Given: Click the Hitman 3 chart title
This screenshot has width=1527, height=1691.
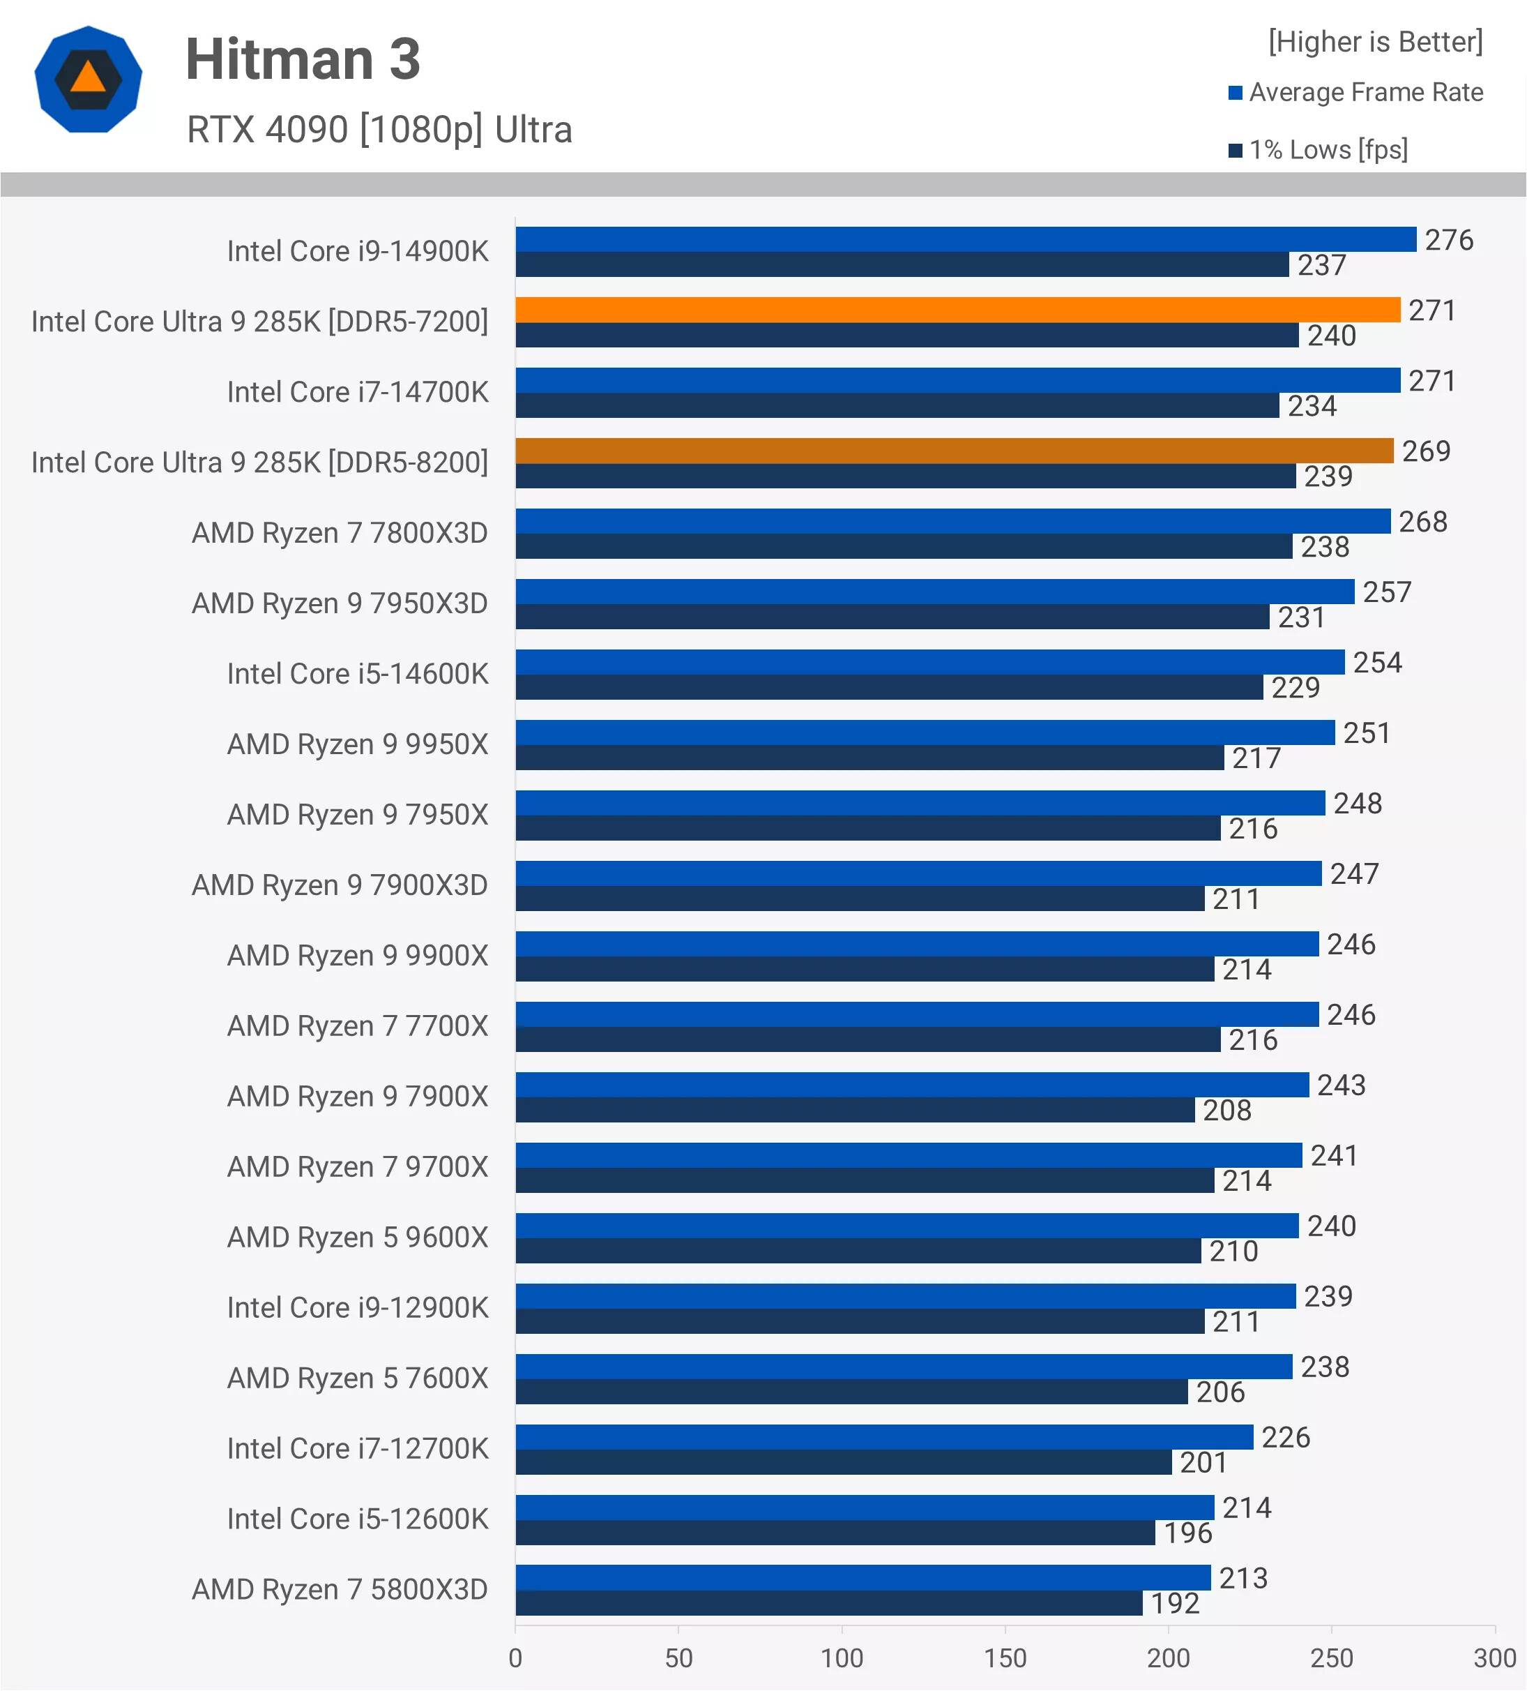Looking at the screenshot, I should click(303, 59).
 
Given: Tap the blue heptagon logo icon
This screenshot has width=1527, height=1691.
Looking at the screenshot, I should click(88, 80).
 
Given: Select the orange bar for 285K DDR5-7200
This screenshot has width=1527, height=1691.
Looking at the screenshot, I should click(957, 310).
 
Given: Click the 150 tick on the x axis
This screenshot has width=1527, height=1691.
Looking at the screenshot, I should click(1005, 1658).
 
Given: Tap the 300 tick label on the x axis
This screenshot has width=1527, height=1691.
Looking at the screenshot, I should click(1494, 1658).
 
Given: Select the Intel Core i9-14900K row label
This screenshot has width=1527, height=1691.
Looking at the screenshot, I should click(357, 252).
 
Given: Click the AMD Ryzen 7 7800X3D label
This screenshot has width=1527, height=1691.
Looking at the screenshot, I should click(340, 534).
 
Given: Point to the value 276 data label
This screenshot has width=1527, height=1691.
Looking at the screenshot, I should click(1448, 240).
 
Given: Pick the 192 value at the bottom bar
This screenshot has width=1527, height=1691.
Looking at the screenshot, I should click(1175, 1604).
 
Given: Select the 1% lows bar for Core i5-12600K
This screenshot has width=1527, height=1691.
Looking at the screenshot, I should click(835, 1533).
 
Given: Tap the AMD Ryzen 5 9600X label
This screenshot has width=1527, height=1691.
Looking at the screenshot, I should click(357, 1238).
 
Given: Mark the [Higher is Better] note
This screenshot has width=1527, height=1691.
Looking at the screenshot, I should click(1375, 42).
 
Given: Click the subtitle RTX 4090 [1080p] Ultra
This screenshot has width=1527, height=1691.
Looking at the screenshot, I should click(379, 130).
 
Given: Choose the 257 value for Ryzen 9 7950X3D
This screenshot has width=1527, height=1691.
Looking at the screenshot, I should click(1387, 592).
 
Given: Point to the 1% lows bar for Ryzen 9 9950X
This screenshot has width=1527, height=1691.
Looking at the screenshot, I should click(869, 758).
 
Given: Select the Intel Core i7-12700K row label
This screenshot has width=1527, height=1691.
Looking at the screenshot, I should click(357, 1450).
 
